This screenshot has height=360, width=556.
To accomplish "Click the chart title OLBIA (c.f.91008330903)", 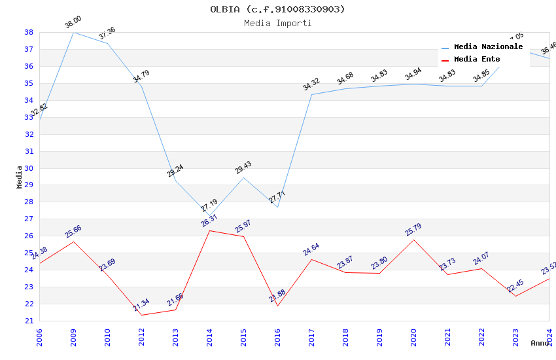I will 277,9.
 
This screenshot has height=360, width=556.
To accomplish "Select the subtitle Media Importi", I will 277,23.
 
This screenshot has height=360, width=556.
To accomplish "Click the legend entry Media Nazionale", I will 488,47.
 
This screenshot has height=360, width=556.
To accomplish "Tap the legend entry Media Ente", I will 477,59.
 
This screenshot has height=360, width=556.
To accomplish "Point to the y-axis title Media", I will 19,177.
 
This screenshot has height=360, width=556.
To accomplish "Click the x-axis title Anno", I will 540,343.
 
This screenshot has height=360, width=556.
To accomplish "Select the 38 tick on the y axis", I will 29,32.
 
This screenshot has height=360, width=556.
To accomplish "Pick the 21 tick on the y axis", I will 29,321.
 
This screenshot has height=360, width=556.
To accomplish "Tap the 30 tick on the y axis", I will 29,151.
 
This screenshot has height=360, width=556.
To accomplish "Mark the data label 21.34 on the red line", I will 141,305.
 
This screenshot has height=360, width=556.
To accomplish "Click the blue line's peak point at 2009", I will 73,32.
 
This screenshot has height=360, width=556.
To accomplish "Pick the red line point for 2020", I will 413,240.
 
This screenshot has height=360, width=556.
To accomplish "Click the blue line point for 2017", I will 311,94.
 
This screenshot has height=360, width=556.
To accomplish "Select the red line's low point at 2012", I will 141,315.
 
